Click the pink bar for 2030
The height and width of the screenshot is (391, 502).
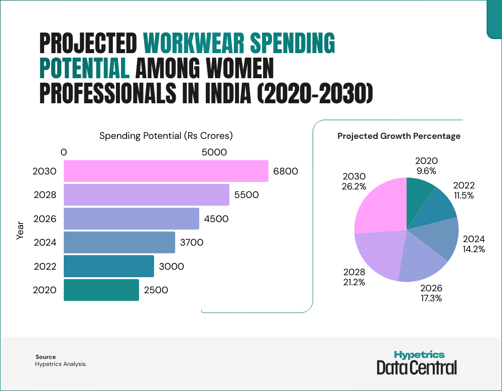click(166, 171)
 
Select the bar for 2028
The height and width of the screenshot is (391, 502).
click(146, 194)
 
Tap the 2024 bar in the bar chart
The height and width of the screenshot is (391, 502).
click(119, 242)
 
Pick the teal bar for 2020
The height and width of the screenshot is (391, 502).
click(101, 290)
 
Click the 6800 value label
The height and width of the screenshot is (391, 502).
click(286, 171)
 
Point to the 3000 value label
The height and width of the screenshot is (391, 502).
click(171, 266)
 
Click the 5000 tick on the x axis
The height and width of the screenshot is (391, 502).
click(214, 152)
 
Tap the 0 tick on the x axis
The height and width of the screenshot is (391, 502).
click(64, 152)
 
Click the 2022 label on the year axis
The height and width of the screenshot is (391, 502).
click(45, 266)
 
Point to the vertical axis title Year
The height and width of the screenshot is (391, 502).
click(21, 231)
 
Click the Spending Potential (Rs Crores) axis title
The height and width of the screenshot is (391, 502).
click(166, 135)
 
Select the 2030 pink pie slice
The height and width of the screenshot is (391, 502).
click(379, 206)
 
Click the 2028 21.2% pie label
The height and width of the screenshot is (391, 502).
click(354, 277)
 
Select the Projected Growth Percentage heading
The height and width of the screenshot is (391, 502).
click(399, 136)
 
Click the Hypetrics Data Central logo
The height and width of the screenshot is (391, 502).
click(417, 362)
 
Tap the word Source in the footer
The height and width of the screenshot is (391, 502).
click(46, 357)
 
